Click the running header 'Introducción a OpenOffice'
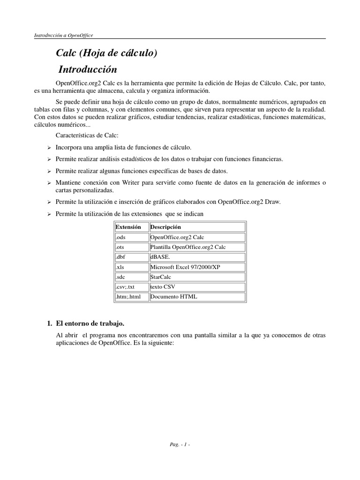(x=64, y=35)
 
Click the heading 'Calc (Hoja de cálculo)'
(x=106, y=53)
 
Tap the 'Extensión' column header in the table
(x=128, y=227)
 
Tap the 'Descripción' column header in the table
(x=165, y=227)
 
